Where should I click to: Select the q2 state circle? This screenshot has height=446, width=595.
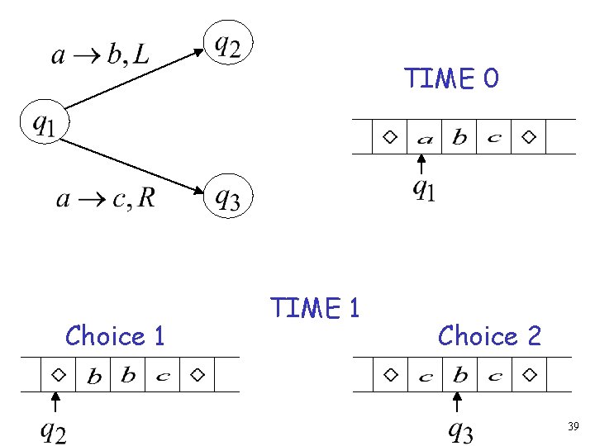(x=228, y=45)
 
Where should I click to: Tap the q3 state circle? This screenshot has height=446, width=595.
(x=228, y=196)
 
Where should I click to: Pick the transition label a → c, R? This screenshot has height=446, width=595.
(x=105, y=198)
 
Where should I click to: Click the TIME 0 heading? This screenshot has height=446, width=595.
(x=451, y=78)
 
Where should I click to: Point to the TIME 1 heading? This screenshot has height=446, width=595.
(x=315, y=308)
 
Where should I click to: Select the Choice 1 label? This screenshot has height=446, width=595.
(x=115, y=336)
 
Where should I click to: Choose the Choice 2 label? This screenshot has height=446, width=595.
(x=489, y=336)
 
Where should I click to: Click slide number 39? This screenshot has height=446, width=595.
(x=573, y=427)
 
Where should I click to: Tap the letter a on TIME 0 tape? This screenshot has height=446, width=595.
(x=424, y=138)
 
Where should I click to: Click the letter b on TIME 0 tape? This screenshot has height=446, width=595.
(x=459, y=138)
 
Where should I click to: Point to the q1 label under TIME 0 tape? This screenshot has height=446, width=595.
(x=424, y=191)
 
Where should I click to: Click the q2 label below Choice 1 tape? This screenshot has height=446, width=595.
(x=55, y=431)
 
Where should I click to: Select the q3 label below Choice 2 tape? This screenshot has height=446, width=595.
(x=460, y=430)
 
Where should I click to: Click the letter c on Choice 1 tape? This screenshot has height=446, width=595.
(x=163, y=377)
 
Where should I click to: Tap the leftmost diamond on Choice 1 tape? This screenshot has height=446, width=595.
(x=59, y=374)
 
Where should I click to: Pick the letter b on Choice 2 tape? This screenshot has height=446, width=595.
(x=459, y=376)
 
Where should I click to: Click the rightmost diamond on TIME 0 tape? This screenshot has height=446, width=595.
(x=529, y=136)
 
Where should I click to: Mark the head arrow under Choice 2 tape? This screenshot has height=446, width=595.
(x=457, y=402)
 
